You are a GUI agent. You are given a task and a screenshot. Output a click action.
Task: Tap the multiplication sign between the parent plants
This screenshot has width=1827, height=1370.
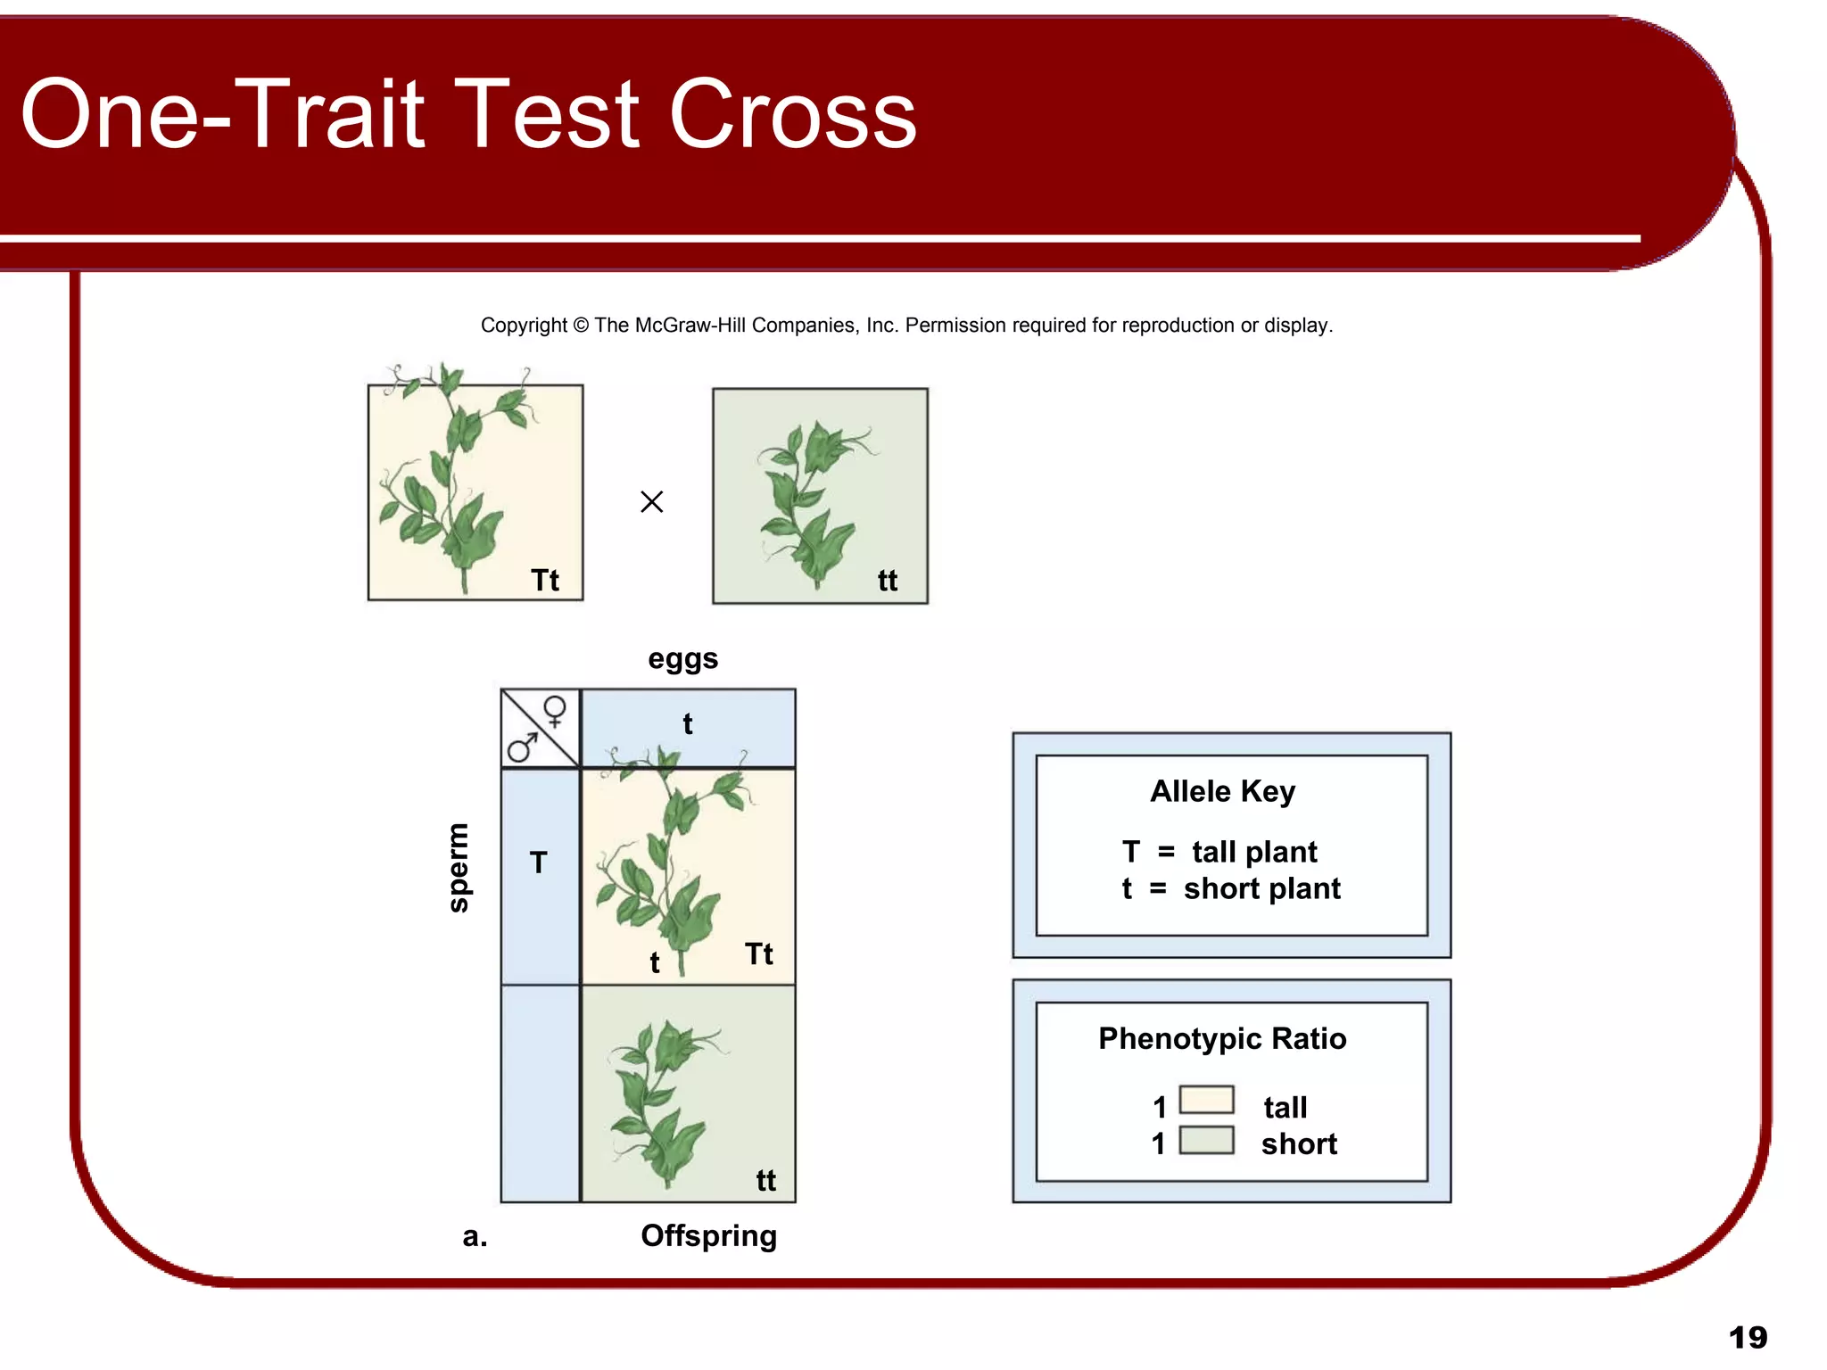[x=652, y=502]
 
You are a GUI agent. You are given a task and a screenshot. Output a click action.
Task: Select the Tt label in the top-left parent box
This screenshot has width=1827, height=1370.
[x=545, y=581]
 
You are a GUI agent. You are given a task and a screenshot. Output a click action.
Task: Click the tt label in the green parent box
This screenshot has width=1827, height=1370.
[x=887, y=581]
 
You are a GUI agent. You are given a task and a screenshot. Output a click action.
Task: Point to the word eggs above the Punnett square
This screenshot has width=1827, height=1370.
[x=682, y=659]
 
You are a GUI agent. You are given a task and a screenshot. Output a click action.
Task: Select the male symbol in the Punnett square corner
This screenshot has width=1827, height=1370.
[x=523, y=747]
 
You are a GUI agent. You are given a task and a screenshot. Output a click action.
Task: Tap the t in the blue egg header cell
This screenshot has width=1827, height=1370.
[x=688, y=724]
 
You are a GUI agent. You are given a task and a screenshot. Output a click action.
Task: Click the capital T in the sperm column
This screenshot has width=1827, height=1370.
[x=538, y=862]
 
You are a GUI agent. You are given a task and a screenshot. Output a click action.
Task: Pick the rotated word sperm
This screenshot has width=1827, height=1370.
[x=458, y=867]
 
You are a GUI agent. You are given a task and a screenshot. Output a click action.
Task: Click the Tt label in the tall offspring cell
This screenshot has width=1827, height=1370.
[x=759, y=953]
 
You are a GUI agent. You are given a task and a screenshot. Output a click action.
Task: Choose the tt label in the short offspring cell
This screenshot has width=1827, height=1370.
[x=765, y=1181]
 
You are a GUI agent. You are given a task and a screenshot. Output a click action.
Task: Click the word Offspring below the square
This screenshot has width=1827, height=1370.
[x=708, y=1236]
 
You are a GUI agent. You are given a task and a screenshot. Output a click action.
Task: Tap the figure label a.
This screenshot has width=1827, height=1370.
[x=475, y=1236]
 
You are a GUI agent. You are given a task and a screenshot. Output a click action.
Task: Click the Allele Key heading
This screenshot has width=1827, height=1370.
[x=1222, y=792]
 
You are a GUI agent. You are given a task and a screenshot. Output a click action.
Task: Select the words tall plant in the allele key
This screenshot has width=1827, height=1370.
[x=1254, y=852]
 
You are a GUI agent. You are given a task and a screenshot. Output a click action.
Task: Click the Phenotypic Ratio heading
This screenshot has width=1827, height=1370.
[x=1222, y=1039]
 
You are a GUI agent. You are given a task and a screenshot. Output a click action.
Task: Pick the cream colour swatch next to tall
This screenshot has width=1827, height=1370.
[x=1206, y=1100]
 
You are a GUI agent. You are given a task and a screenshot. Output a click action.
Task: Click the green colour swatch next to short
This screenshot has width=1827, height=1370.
[x=1206, y=1141]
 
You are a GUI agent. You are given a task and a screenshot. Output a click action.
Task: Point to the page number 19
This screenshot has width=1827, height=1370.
[x=1748, y=1337]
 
